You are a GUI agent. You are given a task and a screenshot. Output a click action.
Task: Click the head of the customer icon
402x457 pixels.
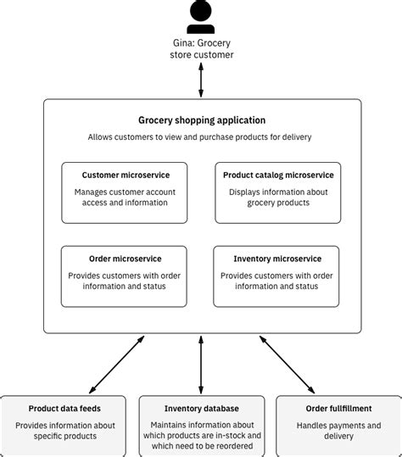[201, 10]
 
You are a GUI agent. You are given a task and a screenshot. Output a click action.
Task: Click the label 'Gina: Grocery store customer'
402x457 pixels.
[201, 48]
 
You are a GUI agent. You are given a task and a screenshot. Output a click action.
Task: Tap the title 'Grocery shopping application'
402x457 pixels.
[202, 120]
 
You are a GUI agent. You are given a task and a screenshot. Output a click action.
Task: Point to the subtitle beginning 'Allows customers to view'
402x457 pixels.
[202, 137]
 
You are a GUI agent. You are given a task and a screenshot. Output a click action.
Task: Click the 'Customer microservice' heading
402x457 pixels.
[124, 176]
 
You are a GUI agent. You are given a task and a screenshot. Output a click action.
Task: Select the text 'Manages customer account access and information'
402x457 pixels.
[124, 197]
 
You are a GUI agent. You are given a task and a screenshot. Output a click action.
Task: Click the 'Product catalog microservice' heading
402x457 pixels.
[278, 176]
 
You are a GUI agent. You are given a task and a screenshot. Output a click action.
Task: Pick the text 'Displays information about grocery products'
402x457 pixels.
[278, 197]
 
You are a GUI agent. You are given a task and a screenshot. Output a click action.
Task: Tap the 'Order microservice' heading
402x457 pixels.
[125, 259]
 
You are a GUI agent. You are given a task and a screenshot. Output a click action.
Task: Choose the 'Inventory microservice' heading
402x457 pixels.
[277, 259]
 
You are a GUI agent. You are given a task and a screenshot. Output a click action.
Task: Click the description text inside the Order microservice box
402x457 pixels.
[125, 281]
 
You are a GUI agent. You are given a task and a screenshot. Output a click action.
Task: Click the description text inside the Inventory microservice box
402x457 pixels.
[277, 281]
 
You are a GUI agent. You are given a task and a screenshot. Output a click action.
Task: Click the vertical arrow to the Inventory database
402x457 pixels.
[201, 362]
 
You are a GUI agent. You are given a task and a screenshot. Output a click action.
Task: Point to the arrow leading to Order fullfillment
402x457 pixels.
[288, 362]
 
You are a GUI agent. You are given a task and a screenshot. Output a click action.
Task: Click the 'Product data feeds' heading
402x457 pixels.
[64, 408]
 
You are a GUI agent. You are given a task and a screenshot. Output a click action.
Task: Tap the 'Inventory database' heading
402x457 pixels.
[201, 408]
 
